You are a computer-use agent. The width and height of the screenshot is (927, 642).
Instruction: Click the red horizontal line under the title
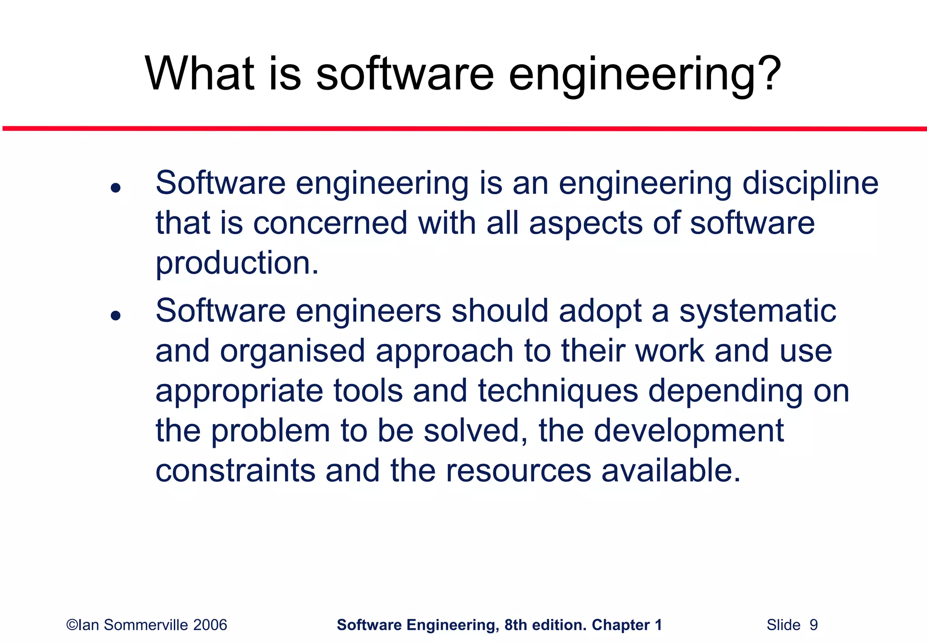[463, 129]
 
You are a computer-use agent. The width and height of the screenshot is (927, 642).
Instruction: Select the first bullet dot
[116, 187]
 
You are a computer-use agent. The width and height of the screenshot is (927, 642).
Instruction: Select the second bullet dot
[116, 316]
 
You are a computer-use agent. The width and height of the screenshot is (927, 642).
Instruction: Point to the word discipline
[810, 183]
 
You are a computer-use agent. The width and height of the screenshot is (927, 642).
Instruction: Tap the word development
[688, 431]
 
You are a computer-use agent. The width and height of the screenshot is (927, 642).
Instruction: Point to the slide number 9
[813, 625]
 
